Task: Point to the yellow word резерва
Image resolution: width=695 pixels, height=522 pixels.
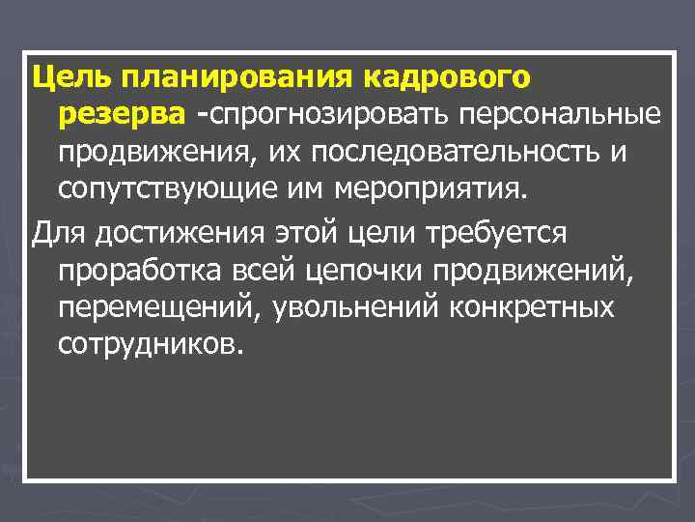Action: [x=121, y=116]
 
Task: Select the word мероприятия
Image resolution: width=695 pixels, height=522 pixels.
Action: [x=432, y=187]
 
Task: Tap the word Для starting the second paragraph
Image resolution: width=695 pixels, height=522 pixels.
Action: [x=56, y=233]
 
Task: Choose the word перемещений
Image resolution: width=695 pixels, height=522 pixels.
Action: [x=158, y=309]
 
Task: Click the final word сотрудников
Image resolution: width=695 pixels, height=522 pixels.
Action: [x=145, y=345]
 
